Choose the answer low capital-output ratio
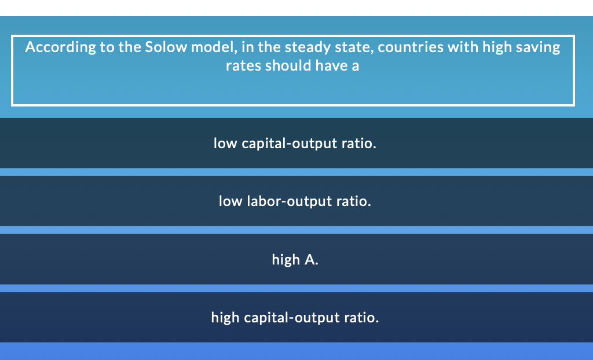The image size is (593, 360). coord(295,143)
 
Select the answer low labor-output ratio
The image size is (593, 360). coord(295,201)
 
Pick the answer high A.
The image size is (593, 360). coord(295,260)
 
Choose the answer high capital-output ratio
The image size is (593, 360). coord(295,318)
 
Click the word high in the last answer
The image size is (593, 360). coord(225,318)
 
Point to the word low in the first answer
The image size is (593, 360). coord(225,143)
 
